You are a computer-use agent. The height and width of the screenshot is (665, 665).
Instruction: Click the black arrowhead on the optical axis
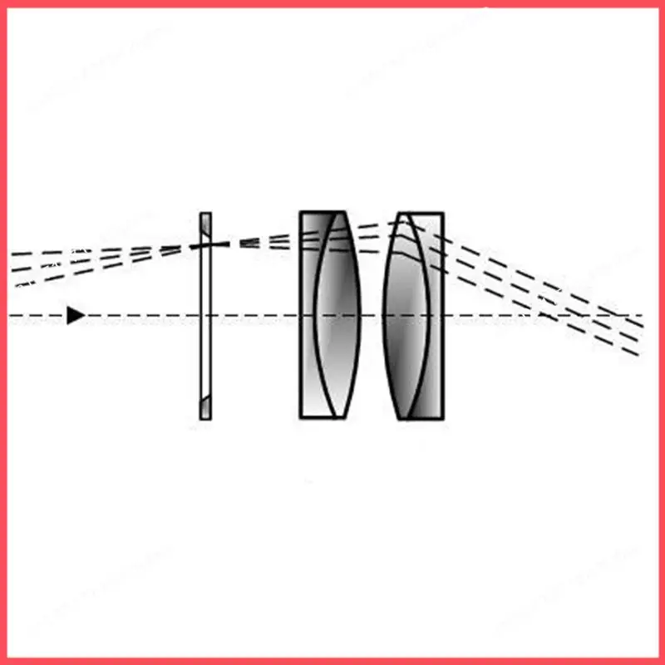[x=75, y=315]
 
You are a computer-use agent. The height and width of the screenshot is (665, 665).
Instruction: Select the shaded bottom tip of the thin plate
[x=205, y=412]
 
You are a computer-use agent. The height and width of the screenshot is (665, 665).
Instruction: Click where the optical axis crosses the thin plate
[x=205, y=316]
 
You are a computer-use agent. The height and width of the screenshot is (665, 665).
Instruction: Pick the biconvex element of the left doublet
[x=339, y=316]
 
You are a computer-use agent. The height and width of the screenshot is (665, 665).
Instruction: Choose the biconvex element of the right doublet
[x=406, y=316]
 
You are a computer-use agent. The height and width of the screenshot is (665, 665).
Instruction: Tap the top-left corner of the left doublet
[x=301, y=213]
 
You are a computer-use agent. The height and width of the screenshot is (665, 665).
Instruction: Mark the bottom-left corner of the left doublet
[x=301, y=416]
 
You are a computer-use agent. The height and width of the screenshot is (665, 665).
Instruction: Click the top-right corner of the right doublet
[x=442, y=214]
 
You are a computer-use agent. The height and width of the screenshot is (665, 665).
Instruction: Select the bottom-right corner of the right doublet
[x=442, y=417]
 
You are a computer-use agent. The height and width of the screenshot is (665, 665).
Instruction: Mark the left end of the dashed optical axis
[x=10, y=316]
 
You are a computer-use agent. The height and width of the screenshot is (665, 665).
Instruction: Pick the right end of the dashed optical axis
[x=643, y=316]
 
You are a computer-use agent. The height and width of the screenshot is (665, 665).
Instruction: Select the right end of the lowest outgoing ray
[x=641, y=355]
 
